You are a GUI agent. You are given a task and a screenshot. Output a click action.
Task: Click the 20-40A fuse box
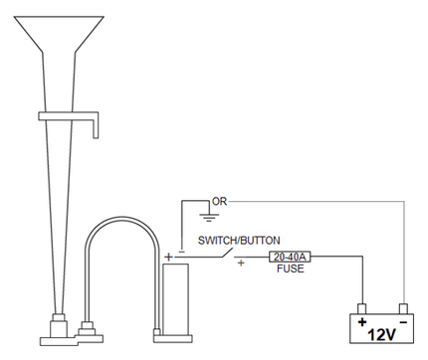pyautogui.click(x=290, y=257)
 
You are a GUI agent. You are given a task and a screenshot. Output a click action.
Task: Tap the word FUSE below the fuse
pyautogui.click(x=291, y=269)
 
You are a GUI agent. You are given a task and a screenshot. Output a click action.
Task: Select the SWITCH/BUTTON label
pyautogui.click(x=239, y=240)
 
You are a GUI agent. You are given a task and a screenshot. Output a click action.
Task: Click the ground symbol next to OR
pyautogui.click(x=209, y=217)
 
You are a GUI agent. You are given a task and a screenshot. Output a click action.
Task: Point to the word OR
pyautogui.click(x=219, y=201)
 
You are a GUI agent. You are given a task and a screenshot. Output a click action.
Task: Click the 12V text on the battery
pyautogui.click(x=381, y=335)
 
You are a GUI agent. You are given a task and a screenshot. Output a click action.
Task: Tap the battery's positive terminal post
pyautogui.click(x=361, y=308)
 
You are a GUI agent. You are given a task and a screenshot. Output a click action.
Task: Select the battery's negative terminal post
pyautogui.click(x=403, y=308)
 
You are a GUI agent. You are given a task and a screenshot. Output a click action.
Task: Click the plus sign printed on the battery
pyautogui.click(x=362, y=321)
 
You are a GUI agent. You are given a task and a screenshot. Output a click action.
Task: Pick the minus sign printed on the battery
pyautogui.click(x=403, y=322)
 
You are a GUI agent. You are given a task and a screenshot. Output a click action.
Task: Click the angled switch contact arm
pyautogui.click(x=226, y=253)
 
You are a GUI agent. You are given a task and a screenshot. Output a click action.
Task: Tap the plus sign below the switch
pyautogui.click(x=241, y=264)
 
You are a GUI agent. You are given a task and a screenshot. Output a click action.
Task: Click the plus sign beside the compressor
pyautogui.click(x=169, y=257)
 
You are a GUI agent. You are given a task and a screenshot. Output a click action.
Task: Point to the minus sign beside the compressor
pyautogui.click(x=181, y=252)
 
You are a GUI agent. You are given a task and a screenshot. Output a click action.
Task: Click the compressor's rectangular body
pyautogui.click(x=175, y=299)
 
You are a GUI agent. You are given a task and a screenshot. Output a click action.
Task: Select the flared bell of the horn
pyautogui.click(x=59, y=34)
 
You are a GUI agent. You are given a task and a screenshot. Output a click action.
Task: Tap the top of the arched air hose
pyautogui.click(x=120, y=219)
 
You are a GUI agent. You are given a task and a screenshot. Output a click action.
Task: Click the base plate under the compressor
pyautogui.click(x=173, y=338)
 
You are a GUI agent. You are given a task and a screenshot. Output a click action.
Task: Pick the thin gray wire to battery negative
pyautogui.click(x=403, y=202)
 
